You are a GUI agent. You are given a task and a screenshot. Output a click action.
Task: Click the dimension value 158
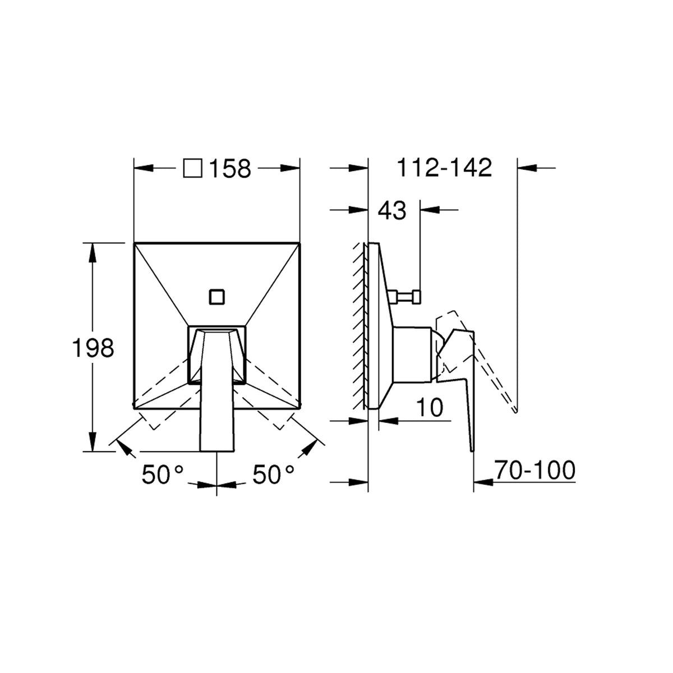230,169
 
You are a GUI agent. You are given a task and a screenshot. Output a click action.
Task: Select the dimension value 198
93,348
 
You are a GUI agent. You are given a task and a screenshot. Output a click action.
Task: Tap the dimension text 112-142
445,168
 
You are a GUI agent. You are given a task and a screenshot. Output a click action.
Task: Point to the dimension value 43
392,211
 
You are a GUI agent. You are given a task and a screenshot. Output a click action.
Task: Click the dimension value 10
430,407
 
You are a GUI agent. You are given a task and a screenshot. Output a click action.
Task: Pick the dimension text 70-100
534,470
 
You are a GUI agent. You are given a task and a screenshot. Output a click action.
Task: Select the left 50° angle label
163,474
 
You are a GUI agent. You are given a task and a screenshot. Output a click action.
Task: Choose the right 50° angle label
274,474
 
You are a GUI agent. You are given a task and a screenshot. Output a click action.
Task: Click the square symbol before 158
193,169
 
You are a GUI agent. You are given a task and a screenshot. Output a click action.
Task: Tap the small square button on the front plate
217,297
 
